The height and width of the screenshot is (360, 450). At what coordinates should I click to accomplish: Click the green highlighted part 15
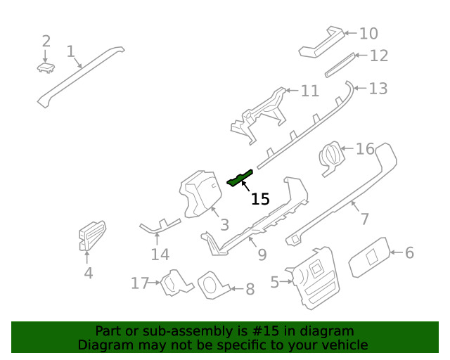(x=240, y=179)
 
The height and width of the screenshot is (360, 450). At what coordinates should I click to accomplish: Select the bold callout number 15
(x=260, y=199)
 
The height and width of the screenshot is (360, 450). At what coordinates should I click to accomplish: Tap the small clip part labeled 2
(x=46, y=67)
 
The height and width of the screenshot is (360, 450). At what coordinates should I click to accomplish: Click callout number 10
(x=368, y=34)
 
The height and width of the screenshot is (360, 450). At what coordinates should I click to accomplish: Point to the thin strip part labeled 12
(x=340, y=65)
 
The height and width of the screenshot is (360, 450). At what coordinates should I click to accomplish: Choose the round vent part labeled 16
(x=331, y=158)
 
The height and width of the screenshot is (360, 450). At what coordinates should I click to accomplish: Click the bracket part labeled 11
(x=258, y=115)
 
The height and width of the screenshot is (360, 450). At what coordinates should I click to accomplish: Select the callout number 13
(x=378, y=89)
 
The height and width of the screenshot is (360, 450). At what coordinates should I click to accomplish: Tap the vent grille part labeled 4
(x=92, y=236)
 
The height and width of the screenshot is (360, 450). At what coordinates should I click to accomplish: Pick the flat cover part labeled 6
(x=370, y=257)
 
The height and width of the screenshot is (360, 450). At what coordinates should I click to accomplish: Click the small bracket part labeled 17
(x=176, y=283)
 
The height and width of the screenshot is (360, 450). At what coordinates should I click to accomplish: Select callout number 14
(x=160, y=255)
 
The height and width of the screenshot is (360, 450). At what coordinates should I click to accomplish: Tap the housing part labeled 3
(x=200, y=194)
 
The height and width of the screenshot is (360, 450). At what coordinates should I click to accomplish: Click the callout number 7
(x=364, y=219)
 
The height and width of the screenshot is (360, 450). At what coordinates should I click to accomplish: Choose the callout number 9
(x=262, y=255)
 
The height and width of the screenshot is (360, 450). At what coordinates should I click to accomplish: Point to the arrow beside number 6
(x=397, y=252)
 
